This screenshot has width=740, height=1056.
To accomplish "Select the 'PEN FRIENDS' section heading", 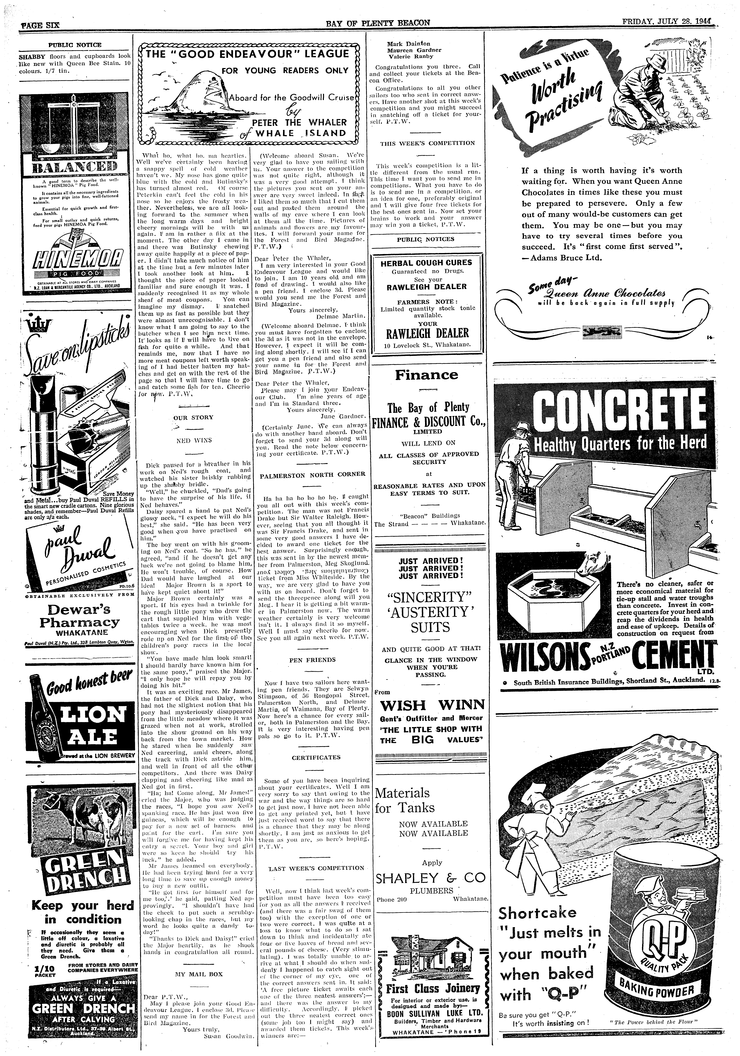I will (312, 660).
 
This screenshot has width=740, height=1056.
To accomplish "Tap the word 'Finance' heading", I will (427, 375).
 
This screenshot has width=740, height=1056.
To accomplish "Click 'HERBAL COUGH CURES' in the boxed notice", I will (426, 263).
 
